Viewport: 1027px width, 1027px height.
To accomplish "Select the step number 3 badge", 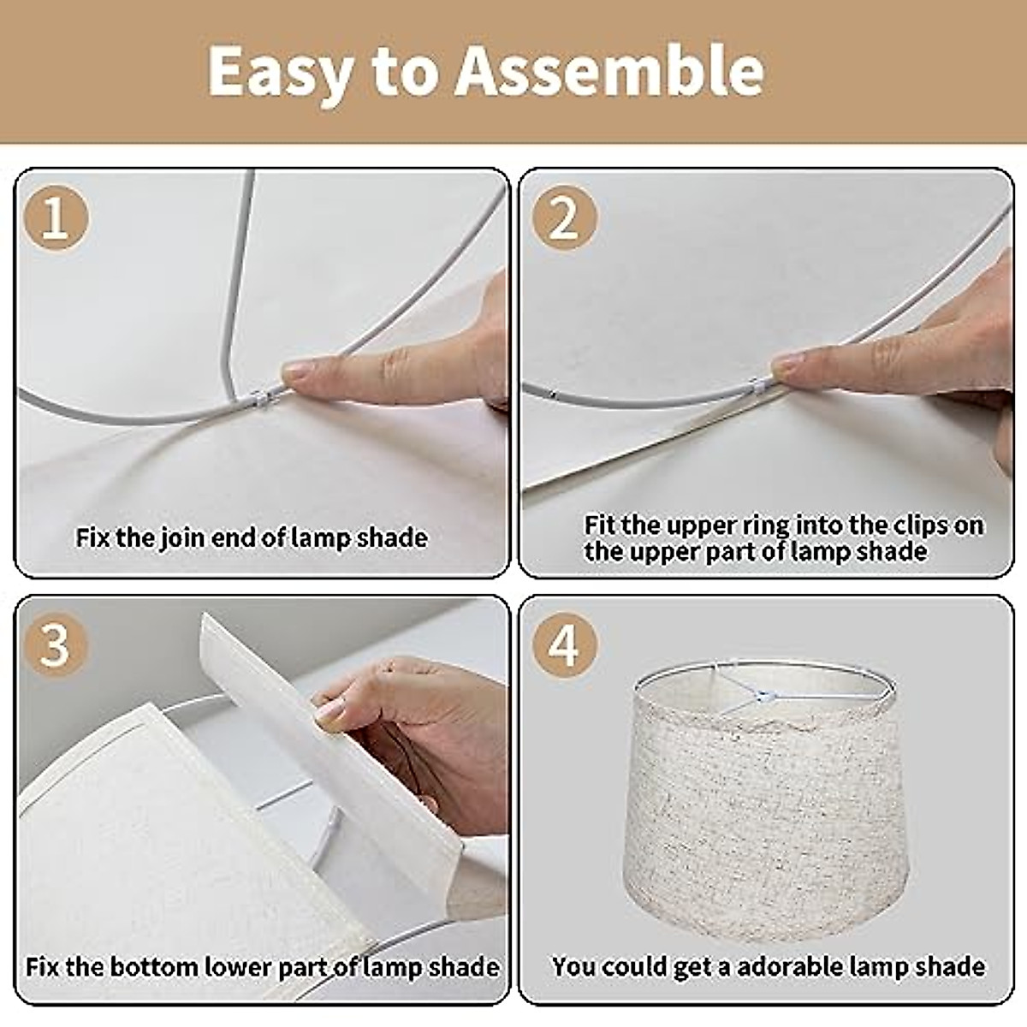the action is pos(55,644).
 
